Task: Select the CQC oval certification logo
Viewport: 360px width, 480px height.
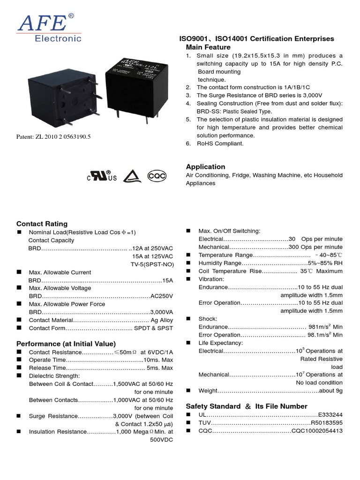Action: pos(157,176)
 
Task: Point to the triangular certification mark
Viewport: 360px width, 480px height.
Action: pos(132,176)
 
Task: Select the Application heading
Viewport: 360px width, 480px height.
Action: pos(205,167)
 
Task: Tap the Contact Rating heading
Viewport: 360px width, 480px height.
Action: pos(42,224)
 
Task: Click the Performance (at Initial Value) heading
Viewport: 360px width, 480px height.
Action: pos(66,344)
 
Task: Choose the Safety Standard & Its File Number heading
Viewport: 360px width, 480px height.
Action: pos(247,406)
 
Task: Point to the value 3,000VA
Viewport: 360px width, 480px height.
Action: pos(161,312)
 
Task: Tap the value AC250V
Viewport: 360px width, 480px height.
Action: pos(162,296)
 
